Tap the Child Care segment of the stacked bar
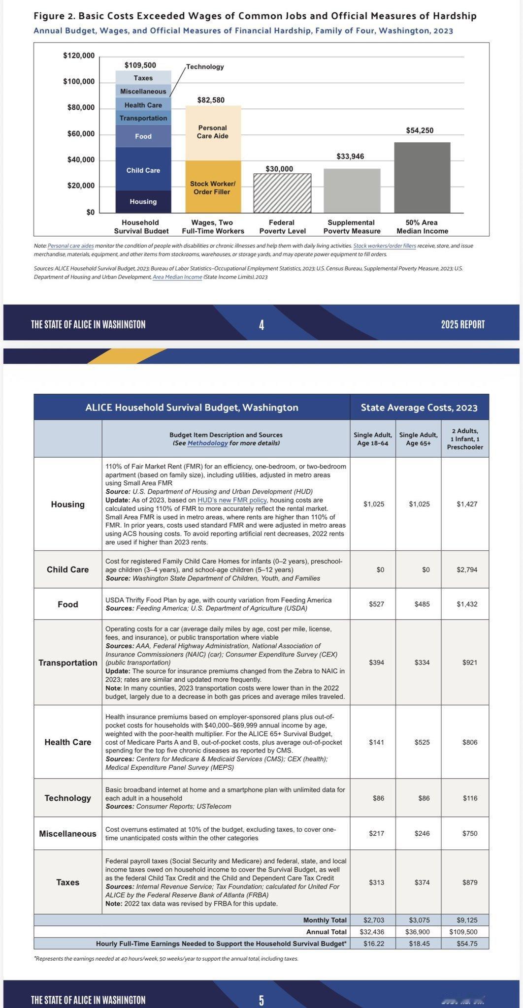(143, 170)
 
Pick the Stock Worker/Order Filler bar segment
(212, 188)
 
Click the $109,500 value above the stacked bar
(140, 65)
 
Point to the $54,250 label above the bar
(420, 130)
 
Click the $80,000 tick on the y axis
(81, 108)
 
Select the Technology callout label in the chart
(205, 66)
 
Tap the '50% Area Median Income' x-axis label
(422, 226)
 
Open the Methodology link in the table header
(207, 443)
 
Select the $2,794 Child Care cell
(466, 569)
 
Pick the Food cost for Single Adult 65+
(422, 604)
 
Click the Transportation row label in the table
(68, 662)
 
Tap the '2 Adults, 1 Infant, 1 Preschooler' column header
(465, 439)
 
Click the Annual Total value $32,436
(374, 932)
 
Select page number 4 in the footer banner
(261, 324)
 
